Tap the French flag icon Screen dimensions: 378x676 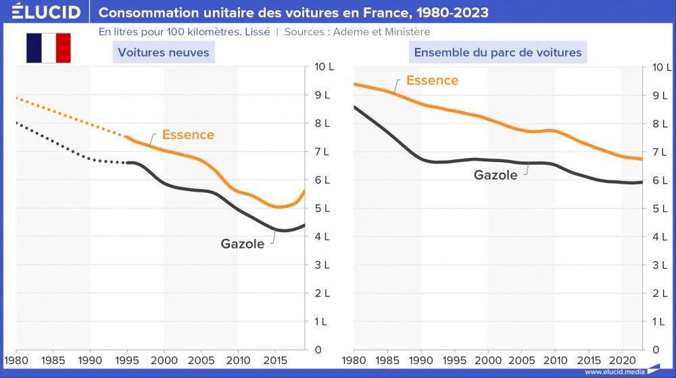[48, 48]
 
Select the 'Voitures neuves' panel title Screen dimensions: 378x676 [164, 52]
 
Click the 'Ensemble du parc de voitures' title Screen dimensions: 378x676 [498, 52]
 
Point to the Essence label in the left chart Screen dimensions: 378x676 [188, 135]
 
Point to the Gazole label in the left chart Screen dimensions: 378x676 [242, 244]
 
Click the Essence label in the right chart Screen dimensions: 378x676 [432, 81]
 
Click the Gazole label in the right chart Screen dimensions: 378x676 [496, 175]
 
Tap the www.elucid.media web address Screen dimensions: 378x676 [614, 372]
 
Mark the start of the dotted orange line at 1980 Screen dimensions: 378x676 [17, 98]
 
